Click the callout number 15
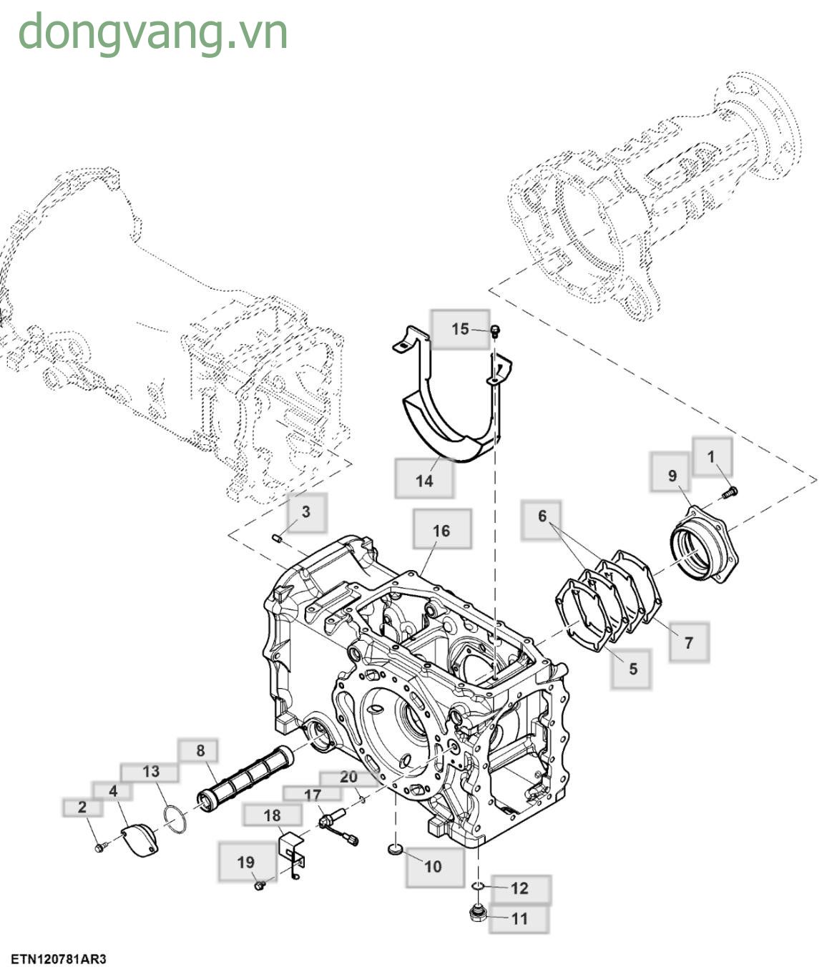point(460,329)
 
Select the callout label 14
point(424,481)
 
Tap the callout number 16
point(441,531)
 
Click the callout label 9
point(672,476)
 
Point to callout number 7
point(689,642)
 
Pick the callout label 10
point(433,867)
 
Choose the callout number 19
point(245,863)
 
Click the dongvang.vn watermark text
point(152,33)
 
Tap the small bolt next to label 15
point(494,330)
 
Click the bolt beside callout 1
point(730,491)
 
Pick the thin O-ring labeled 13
point(177,818)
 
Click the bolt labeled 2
point(99,848)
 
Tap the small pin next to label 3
point(277,538)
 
